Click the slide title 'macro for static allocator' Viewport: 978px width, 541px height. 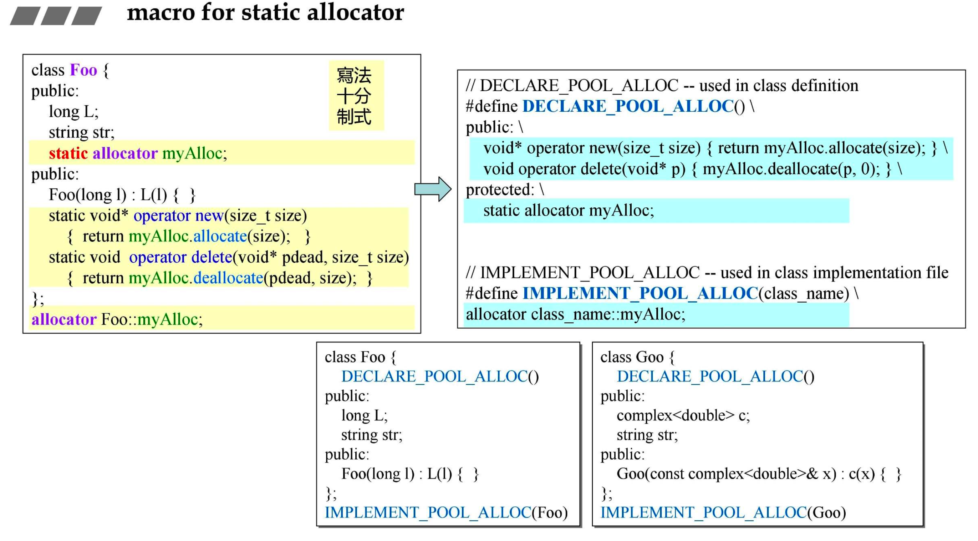265,12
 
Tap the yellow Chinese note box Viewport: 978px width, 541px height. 356,95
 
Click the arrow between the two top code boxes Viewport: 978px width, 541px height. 433,189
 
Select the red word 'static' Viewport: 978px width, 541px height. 68,153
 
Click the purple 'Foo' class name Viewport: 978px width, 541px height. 83,70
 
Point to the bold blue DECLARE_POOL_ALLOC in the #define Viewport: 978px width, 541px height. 628,106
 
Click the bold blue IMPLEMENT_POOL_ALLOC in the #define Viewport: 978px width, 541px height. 640,293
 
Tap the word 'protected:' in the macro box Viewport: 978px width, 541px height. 500,189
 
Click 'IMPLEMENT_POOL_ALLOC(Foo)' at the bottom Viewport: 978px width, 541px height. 446,512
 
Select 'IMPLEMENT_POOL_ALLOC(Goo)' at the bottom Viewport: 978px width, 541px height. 723,512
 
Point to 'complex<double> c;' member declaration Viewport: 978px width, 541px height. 683,416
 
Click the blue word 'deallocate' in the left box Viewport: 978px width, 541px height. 228,278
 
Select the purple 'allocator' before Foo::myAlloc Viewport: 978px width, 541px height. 64,319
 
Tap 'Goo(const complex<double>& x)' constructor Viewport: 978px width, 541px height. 726,474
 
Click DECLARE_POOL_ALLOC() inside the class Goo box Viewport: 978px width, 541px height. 715,376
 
